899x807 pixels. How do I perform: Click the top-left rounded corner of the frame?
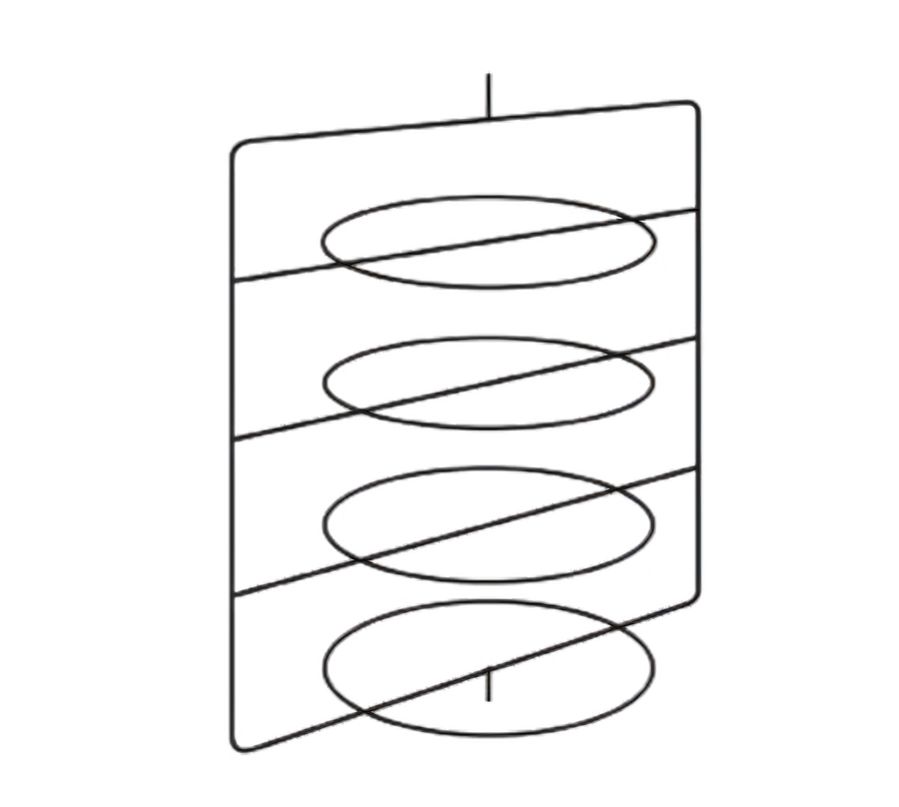click(236, 147)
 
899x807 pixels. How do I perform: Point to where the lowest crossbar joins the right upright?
click(699, 465)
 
